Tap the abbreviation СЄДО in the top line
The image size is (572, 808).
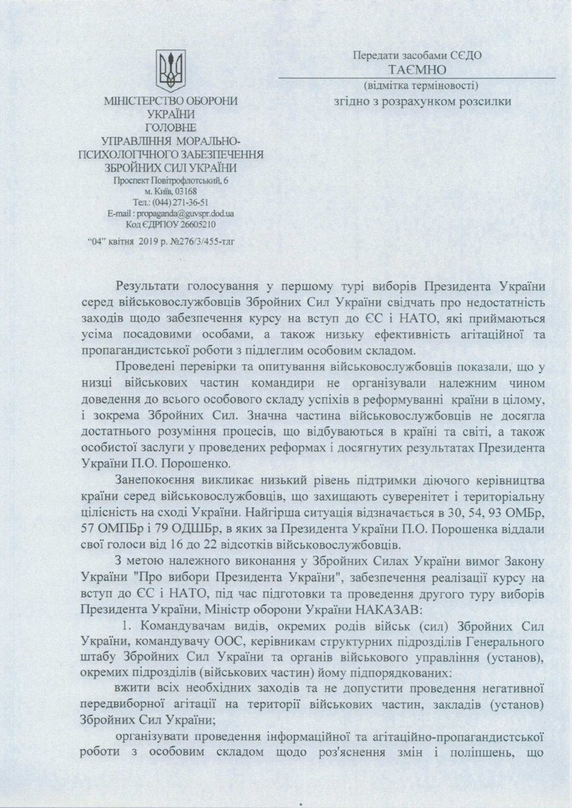[466, 55]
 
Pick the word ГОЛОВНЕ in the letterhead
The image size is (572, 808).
[169, 126]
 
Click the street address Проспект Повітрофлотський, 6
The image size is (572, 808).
[171, 180]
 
